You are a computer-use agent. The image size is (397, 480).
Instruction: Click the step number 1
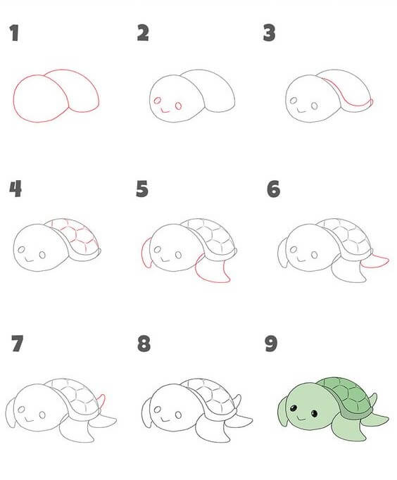point(14,33)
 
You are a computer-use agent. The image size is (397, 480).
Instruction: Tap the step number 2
point(143,33)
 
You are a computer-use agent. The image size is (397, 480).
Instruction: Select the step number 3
point(269,33)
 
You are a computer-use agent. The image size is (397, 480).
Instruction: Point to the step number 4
point(15,189)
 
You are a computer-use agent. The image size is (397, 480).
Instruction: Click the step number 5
point(142,189)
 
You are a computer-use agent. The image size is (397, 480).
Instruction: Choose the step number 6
point(273,189)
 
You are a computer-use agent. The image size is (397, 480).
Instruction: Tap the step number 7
point(17,343)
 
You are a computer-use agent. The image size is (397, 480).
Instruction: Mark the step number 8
point(144,343)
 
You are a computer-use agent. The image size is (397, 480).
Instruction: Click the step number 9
point(271,343)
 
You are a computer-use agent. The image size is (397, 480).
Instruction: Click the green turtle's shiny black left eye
point(294,408)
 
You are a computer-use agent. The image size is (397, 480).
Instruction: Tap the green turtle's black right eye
point(314,414)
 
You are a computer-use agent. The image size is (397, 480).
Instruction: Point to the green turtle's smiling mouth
point(301,418)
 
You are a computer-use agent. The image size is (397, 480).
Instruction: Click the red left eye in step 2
point(158,101)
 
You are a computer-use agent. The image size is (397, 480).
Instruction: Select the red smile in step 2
point(165,110)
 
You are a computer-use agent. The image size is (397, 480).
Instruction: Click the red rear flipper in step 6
point(375,261)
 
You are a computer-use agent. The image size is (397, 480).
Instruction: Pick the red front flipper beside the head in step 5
point(146,253)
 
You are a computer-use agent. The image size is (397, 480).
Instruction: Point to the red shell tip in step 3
point(371,102)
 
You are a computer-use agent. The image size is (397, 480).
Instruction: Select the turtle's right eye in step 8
point(179,415)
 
